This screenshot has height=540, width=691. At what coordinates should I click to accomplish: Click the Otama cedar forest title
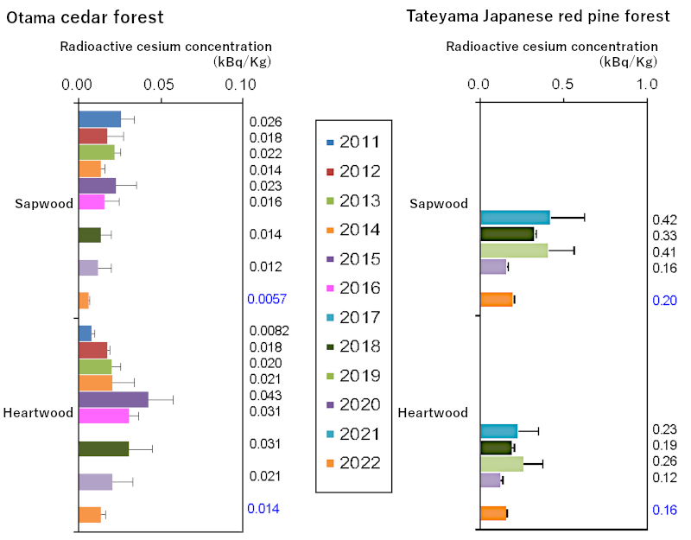coord(84,17)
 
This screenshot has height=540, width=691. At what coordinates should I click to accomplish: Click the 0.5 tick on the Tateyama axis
coord(562,85)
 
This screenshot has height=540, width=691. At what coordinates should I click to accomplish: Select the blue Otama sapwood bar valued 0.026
coord(99,119)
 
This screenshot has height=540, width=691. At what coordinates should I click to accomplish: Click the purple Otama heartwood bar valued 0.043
coord(113,399)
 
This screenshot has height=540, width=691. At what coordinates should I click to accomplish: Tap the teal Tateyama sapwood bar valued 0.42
coord(515,217)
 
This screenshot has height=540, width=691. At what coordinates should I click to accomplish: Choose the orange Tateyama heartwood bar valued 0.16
coord(493,513)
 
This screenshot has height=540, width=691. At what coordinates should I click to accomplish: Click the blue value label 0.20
coord(665,301)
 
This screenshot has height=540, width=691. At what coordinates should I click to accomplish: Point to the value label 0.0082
coord(269,331)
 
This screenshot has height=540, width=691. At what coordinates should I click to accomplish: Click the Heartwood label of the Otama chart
coord(38,413)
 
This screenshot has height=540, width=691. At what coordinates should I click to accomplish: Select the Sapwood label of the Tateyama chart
coord(439,204)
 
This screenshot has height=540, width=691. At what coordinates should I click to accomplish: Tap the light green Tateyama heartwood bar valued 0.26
coord(502,464)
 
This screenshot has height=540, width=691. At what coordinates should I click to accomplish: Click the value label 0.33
coord(665,236)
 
